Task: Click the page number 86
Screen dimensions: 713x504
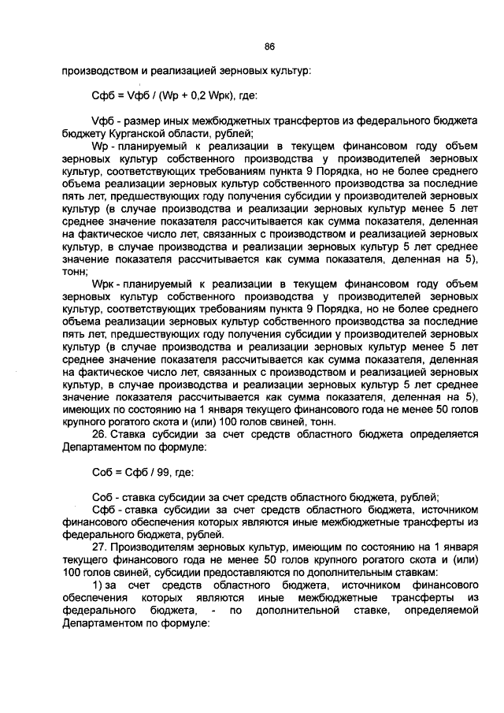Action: coord(269,46)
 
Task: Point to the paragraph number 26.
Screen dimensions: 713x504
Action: coord(99,433)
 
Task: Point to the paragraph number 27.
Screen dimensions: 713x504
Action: coord(99,547)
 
